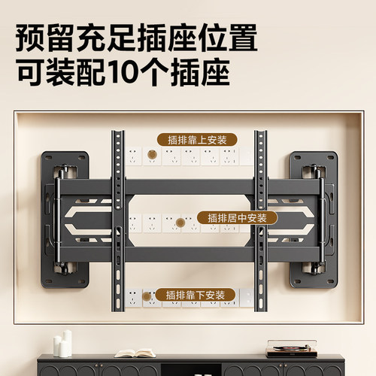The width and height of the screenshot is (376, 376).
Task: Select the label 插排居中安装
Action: (238, 217)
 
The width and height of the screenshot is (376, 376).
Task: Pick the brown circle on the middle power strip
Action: (180, 224)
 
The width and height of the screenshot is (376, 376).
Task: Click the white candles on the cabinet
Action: (64, 344)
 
